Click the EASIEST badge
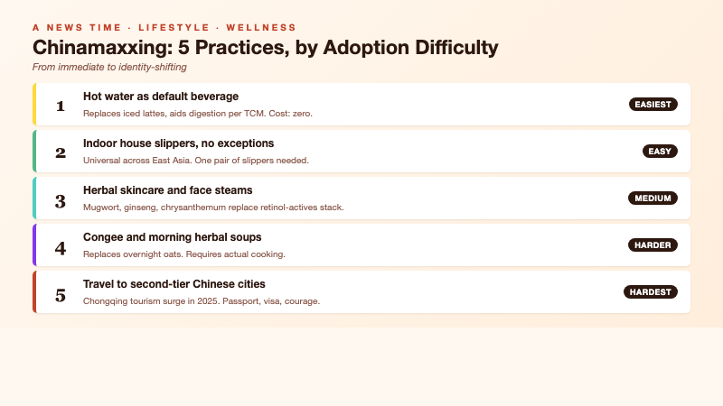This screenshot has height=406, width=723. pyautogui.click(x=653, y=105)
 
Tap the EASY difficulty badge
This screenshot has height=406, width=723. pyautogui.click(x=660, y=151)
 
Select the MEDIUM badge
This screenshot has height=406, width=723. pyautogui.click(x=653, y=198)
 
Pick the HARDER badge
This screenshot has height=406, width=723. pyautogui.click(x=653, y=245)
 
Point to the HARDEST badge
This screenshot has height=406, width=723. pyautogui.click(x=651, y=291)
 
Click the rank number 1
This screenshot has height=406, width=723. pyautogui.click(x=61, y=106)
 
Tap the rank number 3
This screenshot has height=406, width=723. pyautogui.click(x=61, y=201)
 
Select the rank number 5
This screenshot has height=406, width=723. pyautogui.click(x=61, y=295)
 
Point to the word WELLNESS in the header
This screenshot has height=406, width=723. pyautogui.click(x=261, y=28)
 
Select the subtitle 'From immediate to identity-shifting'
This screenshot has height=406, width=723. pyautogui.click(x=109, y=67)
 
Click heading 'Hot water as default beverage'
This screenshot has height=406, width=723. pyautogui.click(x=160, y=96)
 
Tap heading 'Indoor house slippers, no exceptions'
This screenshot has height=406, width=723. pyautogui.click(x=178, y=143)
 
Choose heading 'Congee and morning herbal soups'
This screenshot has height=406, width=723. pyautogui.click(x=172, y=236)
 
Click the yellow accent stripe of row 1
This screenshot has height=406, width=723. pyautogui.click(x=34, y=105)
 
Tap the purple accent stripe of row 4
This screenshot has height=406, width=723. pyautogui.click(x=34, y=245)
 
